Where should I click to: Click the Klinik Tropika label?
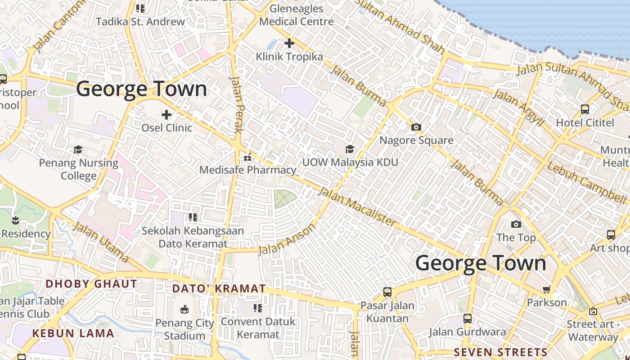289,57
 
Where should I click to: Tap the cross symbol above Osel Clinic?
166,115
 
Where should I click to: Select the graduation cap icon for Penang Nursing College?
78,149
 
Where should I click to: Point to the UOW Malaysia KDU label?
350,162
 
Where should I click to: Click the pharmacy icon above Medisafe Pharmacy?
247,157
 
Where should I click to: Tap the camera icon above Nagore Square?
416,127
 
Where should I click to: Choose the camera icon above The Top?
516,224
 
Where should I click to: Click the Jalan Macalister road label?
358,207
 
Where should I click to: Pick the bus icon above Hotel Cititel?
585,109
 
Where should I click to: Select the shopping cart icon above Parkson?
547,289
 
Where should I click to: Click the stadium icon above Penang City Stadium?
184,310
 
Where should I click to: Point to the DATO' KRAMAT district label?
219,288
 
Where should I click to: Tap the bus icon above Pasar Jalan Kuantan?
387,292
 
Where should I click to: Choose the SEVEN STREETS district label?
500,352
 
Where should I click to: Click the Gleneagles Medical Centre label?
297,15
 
